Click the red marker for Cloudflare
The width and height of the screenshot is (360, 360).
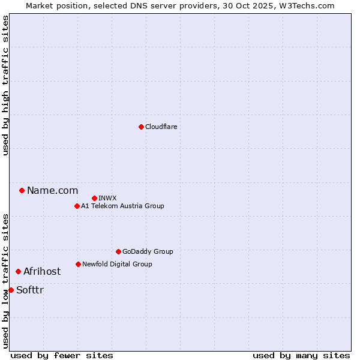(x=141, y=127)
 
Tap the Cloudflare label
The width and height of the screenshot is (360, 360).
(x=161, y=127)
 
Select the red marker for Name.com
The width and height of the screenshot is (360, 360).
(x=22, y=191)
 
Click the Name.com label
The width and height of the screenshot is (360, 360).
(x=52, y=191)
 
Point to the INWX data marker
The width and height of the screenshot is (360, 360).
(x=94, y=198)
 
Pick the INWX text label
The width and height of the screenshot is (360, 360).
(x=107, y=198)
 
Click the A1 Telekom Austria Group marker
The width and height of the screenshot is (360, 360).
(x=77, y=206)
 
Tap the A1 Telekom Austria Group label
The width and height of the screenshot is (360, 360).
(x=122, y=206)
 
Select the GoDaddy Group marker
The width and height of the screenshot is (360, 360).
(x=118, y=251)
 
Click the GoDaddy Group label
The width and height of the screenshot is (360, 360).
(x=147, y=251)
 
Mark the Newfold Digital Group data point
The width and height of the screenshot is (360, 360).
(x=78, y=264)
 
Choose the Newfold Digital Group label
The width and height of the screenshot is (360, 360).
(x=117, y=264)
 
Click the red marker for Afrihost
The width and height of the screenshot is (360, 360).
(x=18, y=272)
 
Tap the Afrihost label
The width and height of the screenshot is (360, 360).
(x=42, y=272)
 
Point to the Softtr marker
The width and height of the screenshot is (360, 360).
(x=11, y=290)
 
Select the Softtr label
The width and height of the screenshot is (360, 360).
(x=30, y=290)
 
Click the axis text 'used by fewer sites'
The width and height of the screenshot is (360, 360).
(x=62, y=355)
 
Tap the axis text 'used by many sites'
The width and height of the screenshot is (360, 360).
(x=301, y=355)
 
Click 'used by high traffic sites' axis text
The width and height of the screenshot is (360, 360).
(x=5, y=85)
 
